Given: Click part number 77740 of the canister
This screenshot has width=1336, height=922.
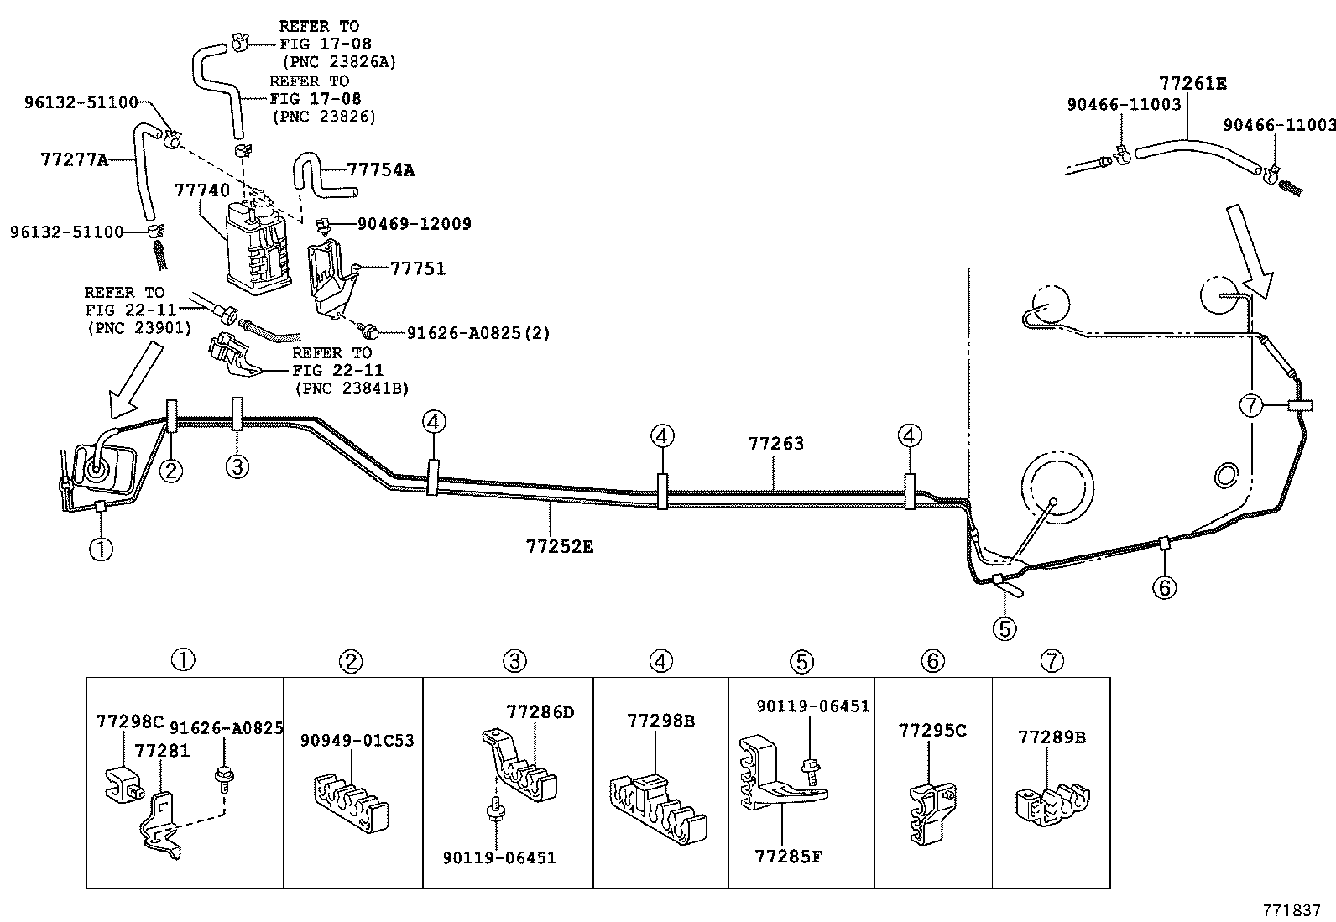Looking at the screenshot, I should click(201, 190).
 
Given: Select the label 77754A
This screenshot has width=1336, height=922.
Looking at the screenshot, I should click(381, 170).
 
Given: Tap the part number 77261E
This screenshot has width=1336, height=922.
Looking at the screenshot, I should click(1192, 83).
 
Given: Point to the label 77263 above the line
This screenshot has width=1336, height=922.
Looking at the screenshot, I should click(775, 443).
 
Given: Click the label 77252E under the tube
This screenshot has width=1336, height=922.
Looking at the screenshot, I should click(560, 546).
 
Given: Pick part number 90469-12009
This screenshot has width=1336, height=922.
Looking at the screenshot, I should click(414, 224).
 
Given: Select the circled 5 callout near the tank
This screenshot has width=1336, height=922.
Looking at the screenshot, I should click(1005, 627).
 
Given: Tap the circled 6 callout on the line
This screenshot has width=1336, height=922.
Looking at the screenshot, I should click(1164, 587).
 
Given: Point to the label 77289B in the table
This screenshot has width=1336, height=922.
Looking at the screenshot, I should click(1052, 737).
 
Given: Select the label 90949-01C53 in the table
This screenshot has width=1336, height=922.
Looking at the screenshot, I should click(357, 741).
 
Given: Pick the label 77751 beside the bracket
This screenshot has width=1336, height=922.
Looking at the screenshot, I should click(417, 268).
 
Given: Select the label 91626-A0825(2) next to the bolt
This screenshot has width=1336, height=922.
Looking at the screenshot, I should click(478, 333).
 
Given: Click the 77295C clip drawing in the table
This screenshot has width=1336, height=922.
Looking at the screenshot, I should click(929, 809).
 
